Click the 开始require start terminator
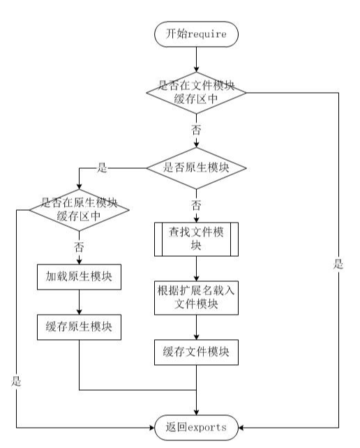click(x=196, y=33)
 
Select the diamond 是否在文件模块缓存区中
click(x=196, y=92)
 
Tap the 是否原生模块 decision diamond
click(x=196, y=168)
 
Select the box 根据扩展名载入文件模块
click(x=196, y=297)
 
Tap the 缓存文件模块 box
click(x=196, y=352)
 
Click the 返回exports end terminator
click(x=196, y=426)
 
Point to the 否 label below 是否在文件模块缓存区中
click(x=196, y=130)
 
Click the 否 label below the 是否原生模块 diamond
click(x=196, y=205)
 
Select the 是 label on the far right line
click(x=338, y=264)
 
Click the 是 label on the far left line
click(x=15, y=382)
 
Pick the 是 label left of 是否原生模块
click(x=103, y=168)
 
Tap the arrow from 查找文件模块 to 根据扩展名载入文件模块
click(x=196, y=268)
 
